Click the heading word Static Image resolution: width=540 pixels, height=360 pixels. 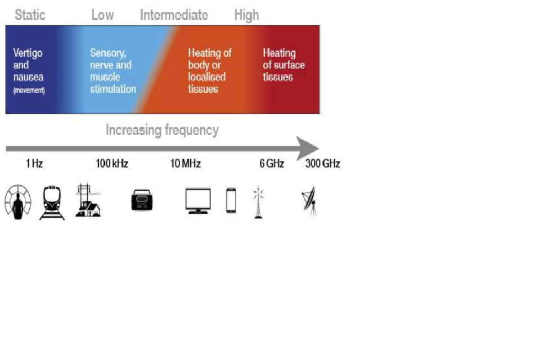coord(30,15)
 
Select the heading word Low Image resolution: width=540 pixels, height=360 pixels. coord(102,15)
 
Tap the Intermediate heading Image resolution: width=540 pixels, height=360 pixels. coord(174,15)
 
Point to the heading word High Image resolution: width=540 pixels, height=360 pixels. coord(246,15)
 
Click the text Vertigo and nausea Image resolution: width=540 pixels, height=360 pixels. coord(28,65)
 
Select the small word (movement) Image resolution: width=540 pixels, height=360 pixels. coord(29,90)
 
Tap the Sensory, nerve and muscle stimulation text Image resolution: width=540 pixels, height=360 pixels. coord(112,71)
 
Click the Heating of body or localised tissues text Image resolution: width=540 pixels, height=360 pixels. coord(209,71)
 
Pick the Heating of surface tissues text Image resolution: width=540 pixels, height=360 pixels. coord(283,65)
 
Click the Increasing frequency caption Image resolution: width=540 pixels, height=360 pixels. coord(162,130)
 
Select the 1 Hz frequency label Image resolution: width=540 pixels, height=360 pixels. coord(34,164)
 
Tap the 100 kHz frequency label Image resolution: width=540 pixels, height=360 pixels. coord(112,164)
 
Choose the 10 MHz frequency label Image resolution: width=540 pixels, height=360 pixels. coord(185,164)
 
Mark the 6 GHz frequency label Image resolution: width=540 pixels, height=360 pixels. coord(272,164)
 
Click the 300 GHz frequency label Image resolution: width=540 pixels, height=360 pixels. coord(322,164)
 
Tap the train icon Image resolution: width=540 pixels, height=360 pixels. coord(52,202)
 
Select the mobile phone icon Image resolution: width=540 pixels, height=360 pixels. coord(231,201)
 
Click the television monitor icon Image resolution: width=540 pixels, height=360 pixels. coord(198,201)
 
